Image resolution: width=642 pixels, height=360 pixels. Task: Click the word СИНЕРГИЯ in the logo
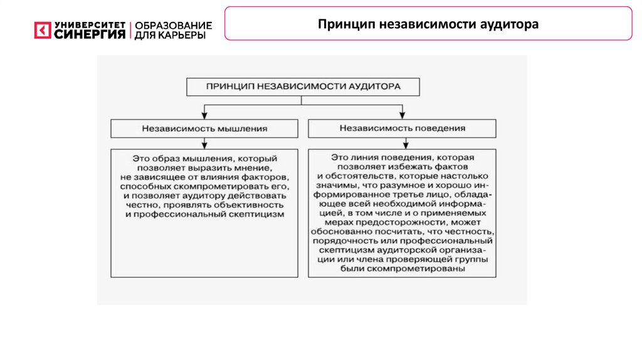click(x=90, y=34)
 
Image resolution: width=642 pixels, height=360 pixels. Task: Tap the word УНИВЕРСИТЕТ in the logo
click(x=90, y=25)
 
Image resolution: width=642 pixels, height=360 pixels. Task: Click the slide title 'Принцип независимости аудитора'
click(x=428, y=24)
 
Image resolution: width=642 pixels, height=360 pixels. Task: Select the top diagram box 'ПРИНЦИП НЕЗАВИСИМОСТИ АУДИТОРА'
click(x=303, y=87)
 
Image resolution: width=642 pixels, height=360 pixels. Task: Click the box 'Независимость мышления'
click(x=204, y=128)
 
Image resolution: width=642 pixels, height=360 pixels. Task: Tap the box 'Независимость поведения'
click(x=402, y=128)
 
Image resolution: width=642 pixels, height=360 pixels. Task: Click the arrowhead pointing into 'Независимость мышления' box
click(x=204, y=115)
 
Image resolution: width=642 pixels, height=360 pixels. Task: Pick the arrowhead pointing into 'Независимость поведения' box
click(x=402, y=115)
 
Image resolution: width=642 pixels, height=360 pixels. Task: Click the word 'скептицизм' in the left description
click(x=258, y=214)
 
